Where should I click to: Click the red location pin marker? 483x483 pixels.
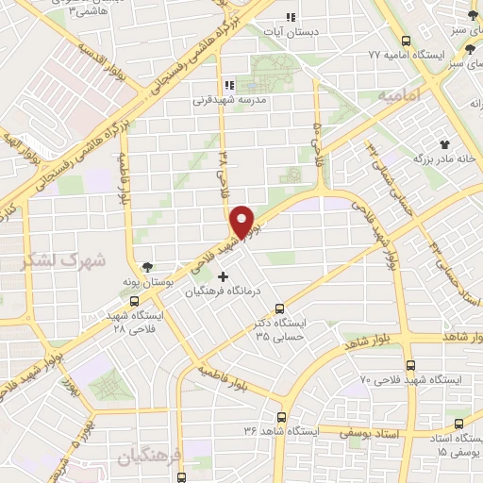tap(243, 221)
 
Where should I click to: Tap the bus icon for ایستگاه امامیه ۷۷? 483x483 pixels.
tap(406, 42)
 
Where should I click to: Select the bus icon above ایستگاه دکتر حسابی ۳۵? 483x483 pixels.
tap(279, 308)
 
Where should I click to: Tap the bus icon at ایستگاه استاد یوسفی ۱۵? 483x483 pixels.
tap(459, 425)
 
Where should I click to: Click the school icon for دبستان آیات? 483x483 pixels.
tap(291, 17)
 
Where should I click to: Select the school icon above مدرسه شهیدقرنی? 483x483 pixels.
tap(229, 85)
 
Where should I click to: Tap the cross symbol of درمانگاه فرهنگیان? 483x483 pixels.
tap(223, 276)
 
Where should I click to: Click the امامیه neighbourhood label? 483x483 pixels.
tap(397, 97)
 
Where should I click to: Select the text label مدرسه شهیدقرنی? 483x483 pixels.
tap(231, 99)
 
